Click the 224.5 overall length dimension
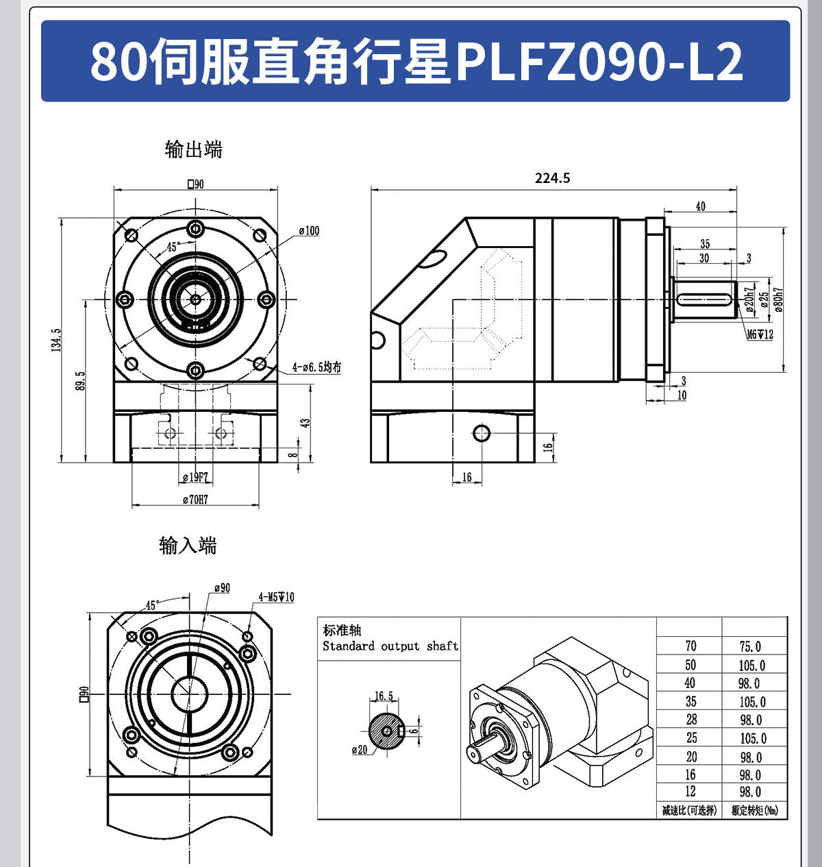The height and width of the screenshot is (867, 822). pyautogui.click(x=552, y=178)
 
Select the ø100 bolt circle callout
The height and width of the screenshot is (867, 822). pyautogui.click(x=309, y=231)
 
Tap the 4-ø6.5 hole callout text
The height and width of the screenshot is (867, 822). pyautogui.click(x=316, y=367)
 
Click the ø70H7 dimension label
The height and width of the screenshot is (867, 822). pyautogui.click(x=195, y=500)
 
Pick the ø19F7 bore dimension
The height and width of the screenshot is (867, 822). pyautogui.click(x=195, y=477)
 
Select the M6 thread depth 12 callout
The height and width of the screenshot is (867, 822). pyautogui.click(x=760, y=334)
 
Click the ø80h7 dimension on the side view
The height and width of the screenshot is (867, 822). pyautogui.click(x=779, y=300)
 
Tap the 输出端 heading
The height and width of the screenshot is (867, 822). pyautogui.click(x=194, y=149)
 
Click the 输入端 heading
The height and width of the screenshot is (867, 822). pyautogui.click(x=188, y=546)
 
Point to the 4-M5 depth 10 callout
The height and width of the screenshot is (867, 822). pyautogui.click(x=276, y=597)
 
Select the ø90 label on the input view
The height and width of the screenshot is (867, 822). pyautogui.click(x=222, y=588)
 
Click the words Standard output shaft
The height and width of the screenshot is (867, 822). pyautogui.click(x=390, y=646)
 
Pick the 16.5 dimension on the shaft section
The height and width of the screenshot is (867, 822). pyautogui.click(x=384, y=696)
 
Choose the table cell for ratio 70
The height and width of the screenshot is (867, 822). pyautogui.click(x=690, y=646)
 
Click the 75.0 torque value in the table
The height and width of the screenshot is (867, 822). pyautogui.click(x=750, y=646)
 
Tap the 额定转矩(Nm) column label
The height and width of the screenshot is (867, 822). pyautogui.click(x=754, y=811)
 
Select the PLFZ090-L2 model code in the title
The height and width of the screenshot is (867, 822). pyautogui.click(x=599, y=62)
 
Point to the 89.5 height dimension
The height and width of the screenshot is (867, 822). pyautogui.click(x=80, y=381)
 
